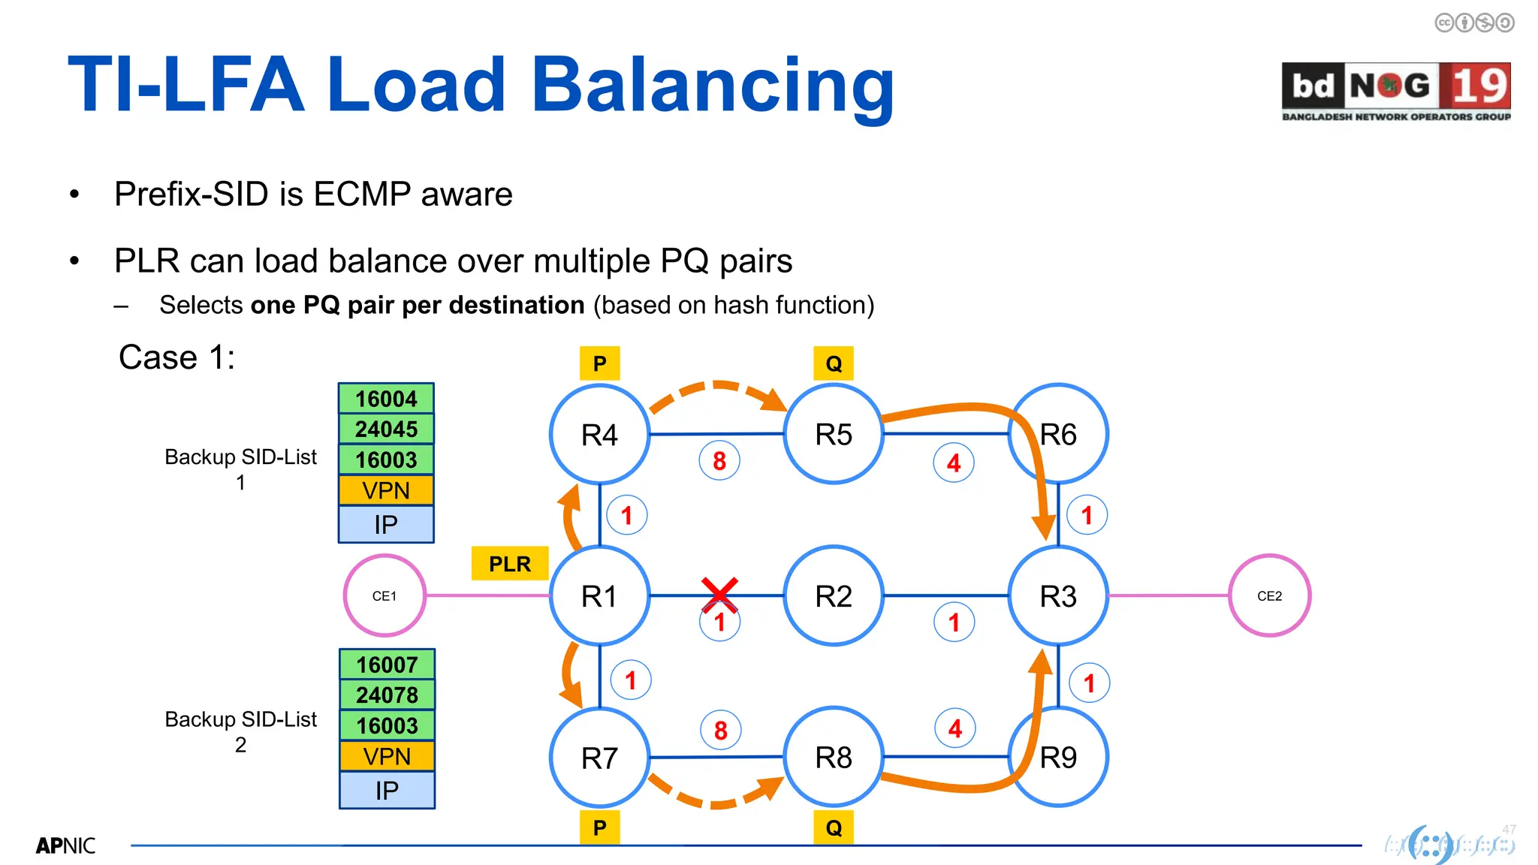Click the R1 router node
599,595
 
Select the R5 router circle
833,434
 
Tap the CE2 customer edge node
1269,595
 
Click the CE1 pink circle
384,595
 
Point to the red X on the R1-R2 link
719,594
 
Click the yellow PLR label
510,563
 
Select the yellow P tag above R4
599,363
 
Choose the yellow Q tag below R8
834,827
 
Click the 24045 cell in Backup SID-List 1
386,429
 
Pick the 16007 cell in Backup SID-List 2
387,665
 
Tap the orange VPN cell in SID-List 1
386,490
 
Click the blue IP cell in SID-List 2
387,790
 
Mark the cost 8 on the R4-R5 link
719,460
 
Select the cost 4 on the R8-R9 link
954,728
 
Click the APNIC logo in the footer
65,845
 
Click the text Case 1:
176,357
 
